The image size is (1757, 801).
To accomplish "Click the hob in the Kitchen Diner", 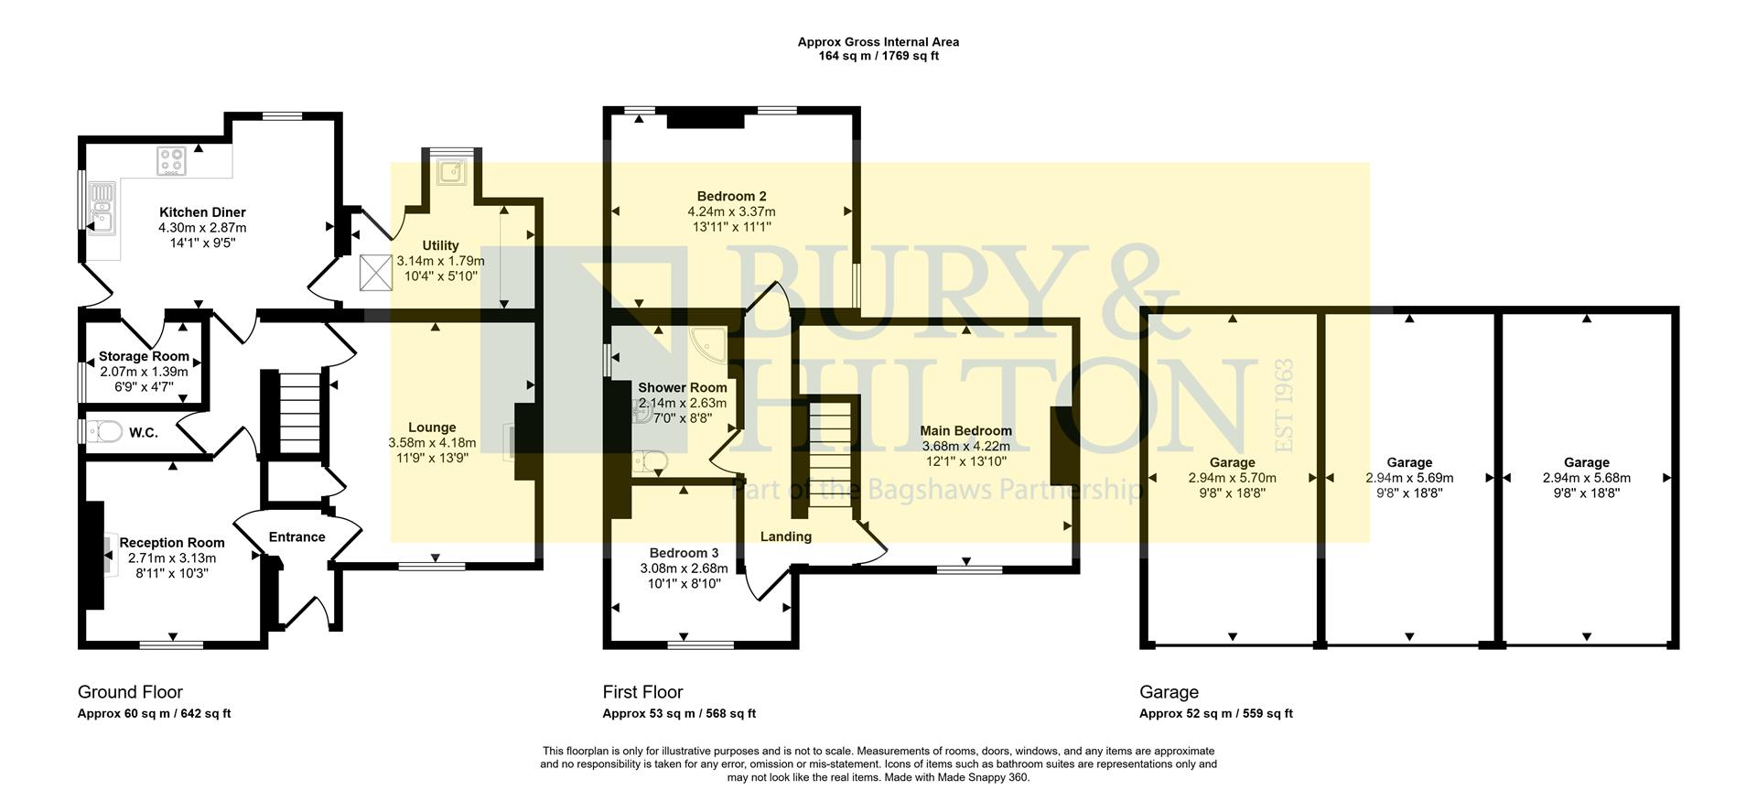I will pyautogui.click(x=171, y=161).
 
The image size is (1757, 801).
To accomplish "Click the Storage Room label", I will pyautogui.click(x=144, y=356).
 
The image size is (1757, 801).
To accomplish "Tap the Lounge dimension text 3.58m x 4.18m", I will pyautogui.click(x=432, y=443).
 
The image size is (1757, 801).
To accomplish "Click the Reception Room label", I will pyautogui.click(x=171, y=543).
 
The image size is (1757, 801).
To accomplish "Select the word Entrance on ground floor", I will pyautogui.click(x=296, y=537).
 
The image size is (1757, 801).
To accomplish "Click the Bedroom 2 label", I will pyautogui.click(x=731, y=196).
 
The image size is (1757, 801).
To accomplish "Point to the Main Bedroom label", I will pyautogui.click(x=965, y=431).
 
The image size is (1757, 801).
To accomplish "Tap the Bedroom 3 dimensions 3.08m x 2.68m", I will pyautogui.click(x=684, y=568).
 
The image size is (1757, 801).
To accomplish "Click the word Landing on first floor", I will pyautogui.click(x=785, y=536).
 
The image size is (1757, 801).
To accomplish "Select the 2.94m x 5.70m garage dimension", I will pyautogui.click(x=1232, y=478).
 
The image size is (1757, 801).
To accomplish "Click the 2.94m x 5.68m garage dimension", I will pyautogui.click(x=1586, y=478).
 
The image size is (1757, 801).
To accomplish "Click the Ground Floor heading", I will pyautogui.click(x=130, y=692).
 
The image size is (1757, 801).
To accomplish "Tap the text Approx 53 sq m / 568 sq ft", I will pyautogui.click(x=678, y=714).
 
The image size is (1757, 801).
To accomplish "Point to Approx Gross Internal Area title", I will pyautogui.click(x=878, y=42).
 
